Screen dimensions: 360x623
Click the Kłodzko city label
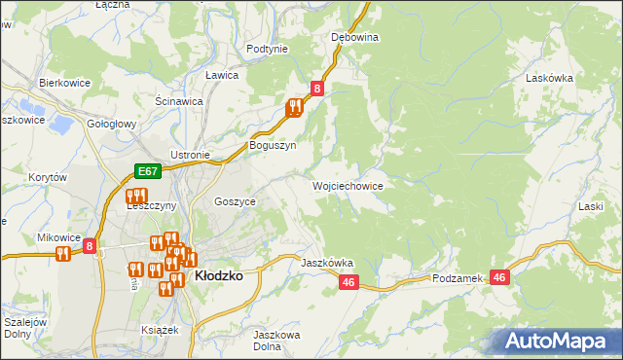[x=219, y=275]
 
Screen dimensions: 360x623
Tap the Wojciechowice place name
[x=347, y=185]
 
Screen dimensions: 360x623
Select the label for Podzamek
[x=458, y=278]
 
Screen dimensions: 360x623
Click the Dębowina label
[x=354, y=37]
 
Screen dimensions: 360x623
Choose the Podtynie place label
[x=267, y=49]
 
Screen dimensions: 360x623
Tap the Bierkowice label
[x=64, y=84]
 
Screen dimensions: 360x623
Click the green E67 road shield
[x=147, y=172]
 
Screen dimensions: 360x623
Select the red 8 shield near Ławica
[x=317, y=89]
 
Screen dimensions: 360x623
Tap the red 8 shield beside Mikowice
[x=90, y=247]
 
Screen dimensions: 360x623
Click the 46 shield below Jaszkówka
[x=349, y=282]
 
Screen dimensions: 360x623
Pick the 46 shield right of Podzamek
[x=500, y=278]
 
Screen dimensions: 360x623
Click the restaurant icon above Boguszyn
[x=294, y=109]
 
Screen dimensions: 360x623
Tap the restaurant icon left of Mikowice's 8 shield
[x=63, y=254]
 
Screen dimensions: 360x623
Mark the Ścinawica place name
[x=179, y=100]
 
